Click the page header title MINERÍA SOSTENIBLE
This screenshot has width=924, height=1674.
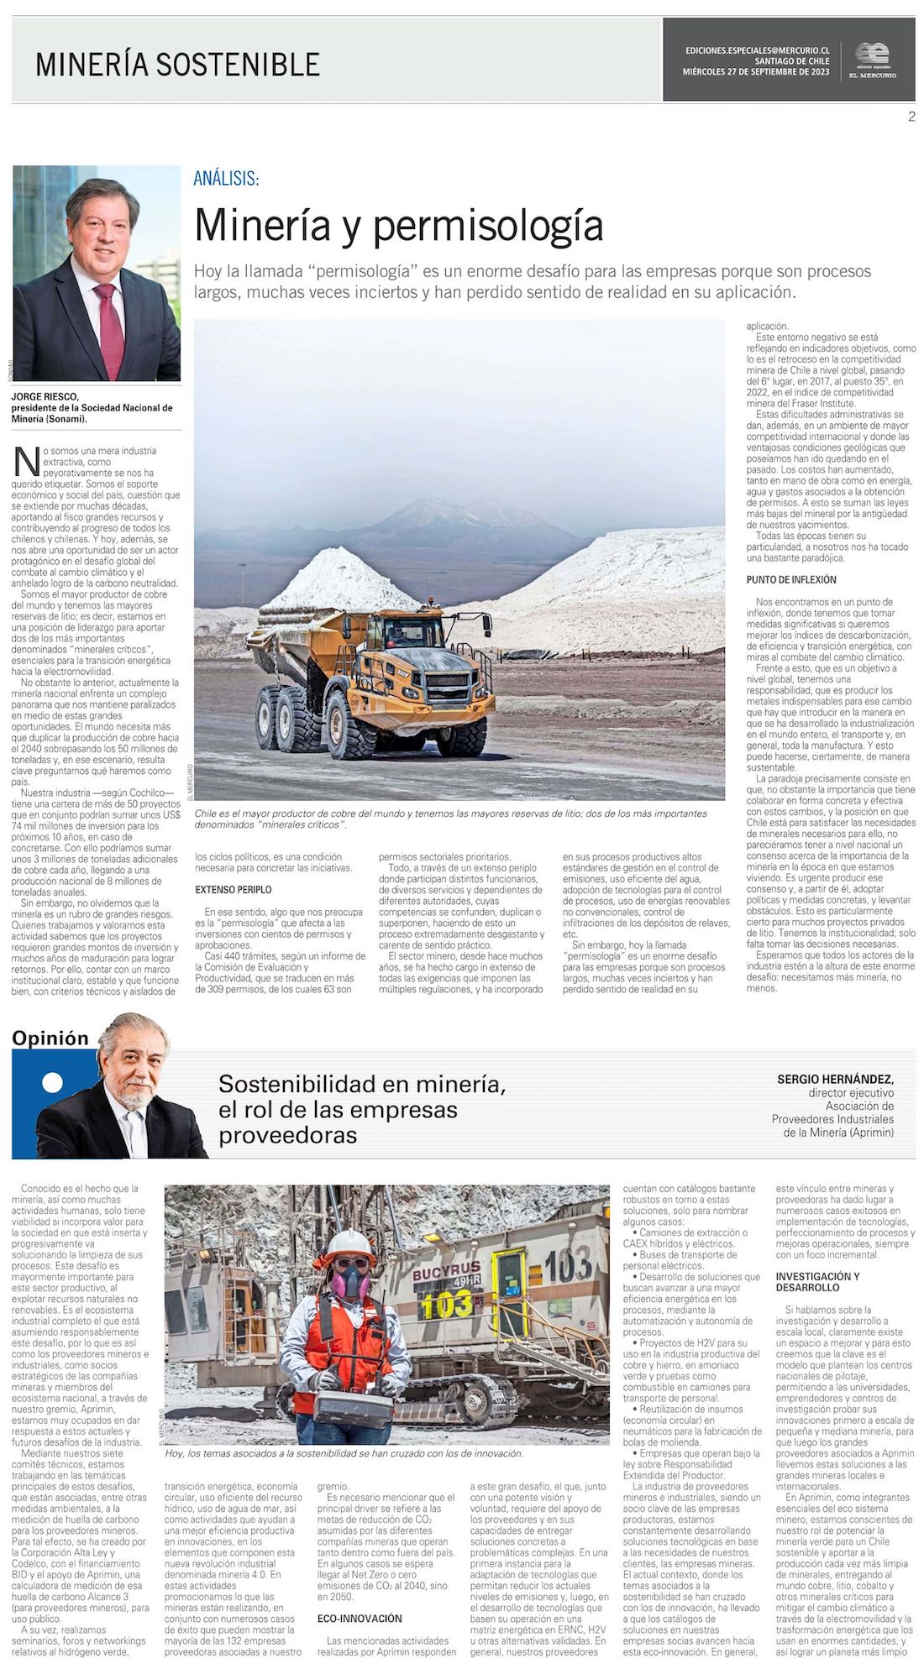pos(177,65)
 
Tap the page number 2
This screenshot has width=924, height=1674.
pos(911,117)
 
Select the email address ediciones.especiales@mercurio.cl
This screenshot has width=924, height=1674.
pos(757,50)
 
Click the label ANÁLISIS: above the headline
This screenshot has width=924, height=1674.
pos(226,178)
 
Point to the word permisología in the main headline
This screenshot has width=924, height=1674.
pos(488,225)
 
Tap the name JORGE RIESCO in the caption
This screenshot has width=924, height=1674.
pos(45,397)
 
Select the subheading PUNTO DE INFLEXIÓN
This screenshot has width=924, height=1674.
pos(791,580)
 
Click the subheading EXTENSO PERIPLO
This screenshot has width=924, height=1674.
pos(234,889)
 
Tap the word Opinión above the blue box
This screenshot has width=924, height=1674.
pos(50,1038)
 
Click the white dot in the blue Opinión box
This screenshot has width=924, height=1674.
pos(52,1083)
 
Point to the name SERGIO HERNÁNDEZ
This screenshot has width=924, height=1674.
pos(835,1080)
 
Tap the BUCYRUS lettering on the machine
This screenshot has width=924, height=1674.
pos(446,1269)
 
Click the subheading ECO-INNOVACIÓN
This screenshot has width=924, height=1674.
pos(360,1618)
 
